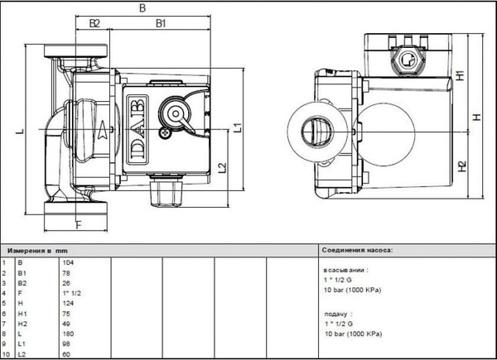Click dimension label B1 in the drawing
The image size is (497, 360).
coord(162,24)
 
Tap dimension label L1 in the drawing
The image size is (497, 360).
coord(238,127)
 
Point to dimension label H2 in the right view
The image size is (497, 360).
coord(461,164)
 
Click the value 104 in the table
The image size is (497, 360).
coord(69,262)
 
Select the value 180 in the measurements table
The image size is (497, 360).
coord(69,334)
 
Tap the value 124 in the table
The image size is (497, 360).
coord(69,303)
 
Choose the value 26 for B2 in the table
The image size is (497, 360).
coord(67,283)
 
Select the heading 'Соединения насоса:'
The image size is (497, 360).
coord(357,248)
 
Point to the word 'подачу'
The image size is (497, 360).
coord(337,314)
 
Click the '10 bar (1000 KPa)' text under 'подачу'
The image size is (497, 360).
coord(353,334)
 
